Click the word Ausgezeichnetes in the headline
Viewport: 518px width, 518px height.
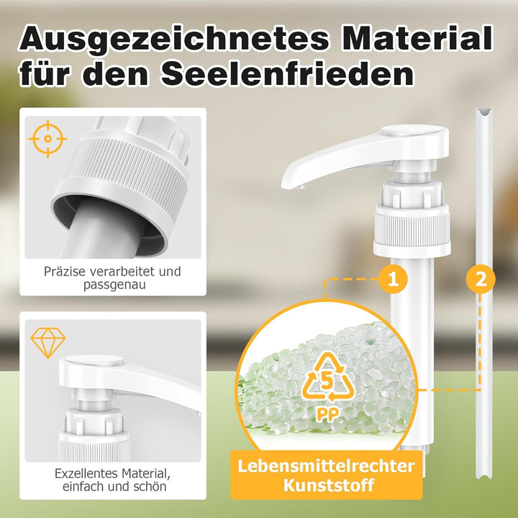pos(175,39)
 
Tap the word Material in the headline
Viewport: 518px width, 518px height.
pos(417,38)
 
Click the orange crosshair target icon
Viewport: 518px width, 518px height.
pos(47,139)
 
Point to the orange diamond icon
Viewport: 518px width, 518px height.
pos(48,343)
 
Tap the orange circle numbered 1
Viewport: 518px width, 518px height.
pos(393,279)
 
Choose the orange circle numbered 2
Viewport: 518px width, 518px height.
pos(481,279)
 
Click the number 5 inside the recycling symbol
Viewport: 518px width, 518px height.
pos(327,381)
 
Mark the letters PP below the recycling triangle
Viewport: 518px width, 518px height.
pos(327,414)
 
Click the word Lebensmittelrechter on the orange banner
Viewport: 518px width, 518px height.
pos(326,466)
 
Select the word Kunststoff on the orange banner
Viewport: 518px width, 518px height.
pos(328,486)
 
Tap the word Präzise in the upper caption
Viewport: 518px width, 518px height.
pos(65,271)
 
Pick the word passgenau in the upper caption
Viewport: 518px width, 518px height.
pos(114,285)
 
